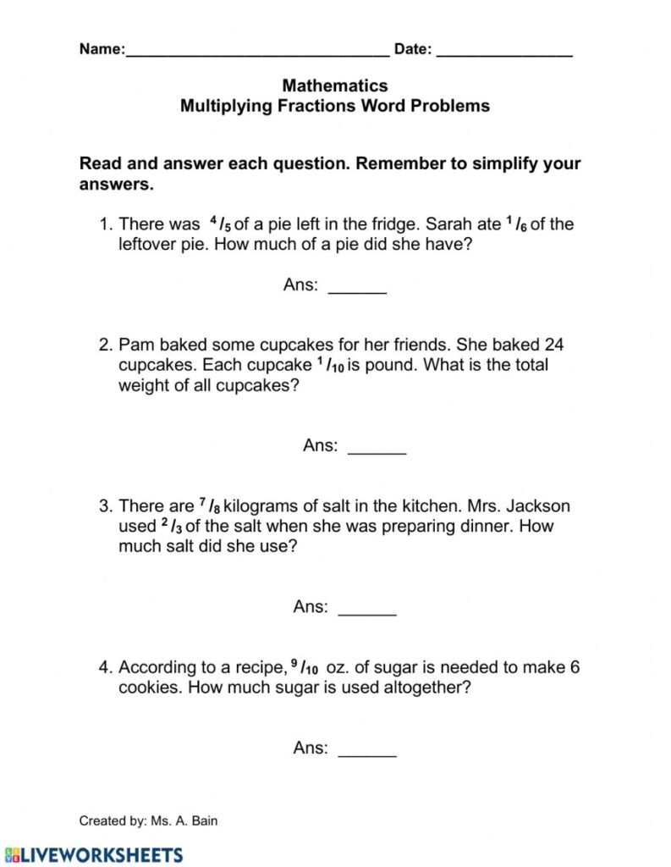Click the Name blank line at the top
pos(257,52)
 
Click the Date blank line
pos(504,52)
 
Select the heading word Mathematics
pos(335,86)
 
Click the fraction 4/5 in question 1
pos(219,225)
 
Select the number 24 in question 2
pos(555,345)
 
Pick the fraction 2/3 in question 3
pos(170,527)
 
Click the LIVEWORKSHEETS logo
pos(92,853)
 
